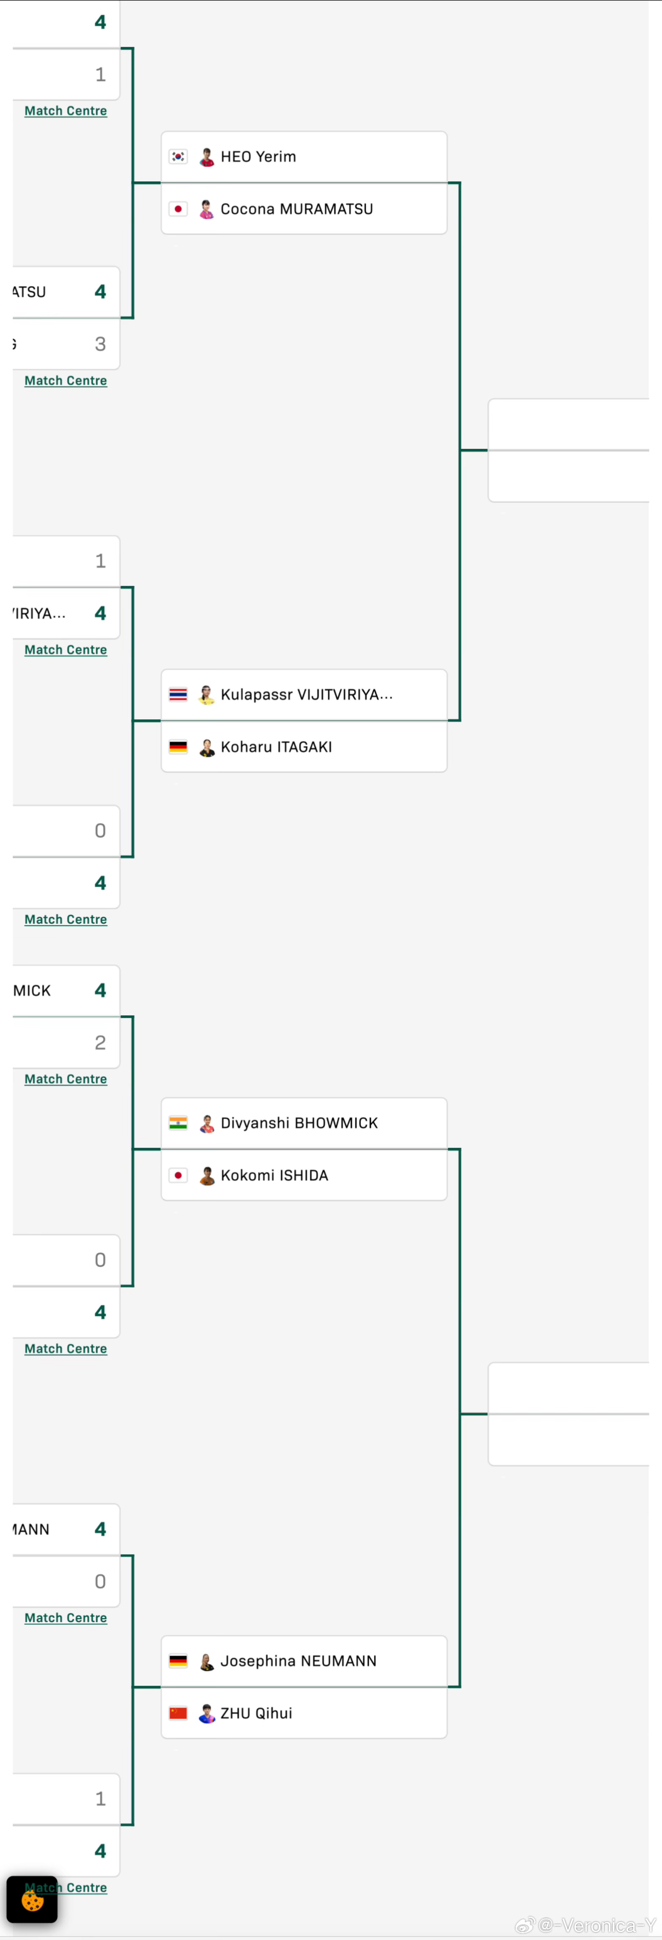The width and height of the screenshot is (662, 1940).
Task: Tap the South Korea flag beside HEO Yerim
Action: tap(178, 157)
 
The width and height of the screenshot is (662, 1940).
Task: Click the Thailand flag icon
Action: tap(178, 694)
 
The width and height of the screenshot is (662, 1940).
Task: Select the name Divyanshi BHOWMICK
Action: tap(299, 1123)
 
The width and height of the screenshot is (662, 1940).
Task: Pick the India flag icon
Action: tap(178, 1123)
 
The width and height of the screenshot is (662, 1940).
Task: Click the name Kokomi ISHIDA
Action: tap(274, 1175)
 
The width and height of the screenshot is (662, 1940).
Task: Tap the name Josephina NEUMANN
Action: tap(298, 1661)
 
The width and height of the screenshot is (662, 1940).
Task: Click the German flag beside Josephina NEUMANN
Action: tap(178, 1661)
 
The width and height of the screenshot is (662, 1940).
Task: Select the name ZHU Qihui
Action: tap(256, 1713)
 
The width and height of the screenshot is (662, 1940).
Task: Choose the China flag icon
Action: tap(178, 1713)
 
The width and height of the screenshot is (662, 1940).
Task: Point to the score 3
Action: tap(100, 344)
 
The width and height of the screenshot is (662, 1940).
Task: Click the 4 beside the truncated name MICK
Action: tap(100, 991)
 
